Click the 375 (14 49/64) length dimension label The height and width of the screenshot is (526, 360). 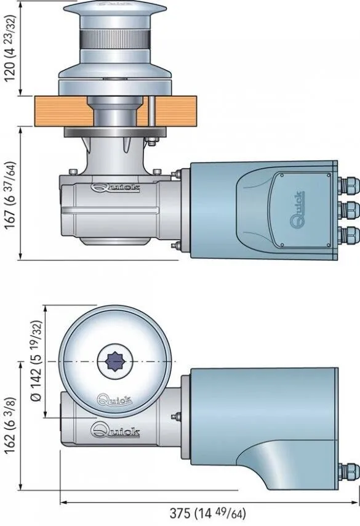click(x=207, y=513)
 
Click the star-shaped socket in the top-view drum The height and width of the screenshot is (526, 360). click(x=114, y=362)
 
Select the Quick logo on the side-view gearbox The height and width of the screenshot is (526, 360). click(x=115, y=188)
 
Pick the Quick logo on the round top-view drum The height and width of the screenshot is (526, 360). click(x=114, y=399)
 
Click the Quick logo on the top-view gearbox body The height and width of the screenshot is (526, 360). click(x=115, y=429)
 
